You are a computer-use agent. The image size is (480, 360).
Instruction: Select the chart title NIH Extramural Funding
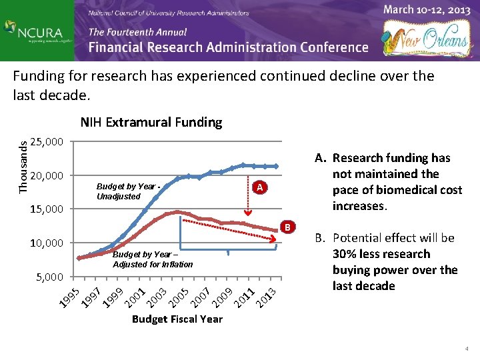(x=151, y=122)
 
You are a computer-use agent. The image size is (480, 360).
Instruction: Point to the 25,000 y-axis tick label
(x=47, y=142)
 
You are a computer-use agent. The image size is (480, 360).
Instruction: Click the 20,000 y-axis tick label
(x=47, y=176)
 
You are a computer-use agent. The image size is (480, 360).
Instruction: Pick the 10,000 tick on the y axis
(x=47, y=243)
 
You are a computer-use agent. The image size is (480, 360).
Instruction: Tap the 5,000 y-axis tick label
(x=49, y=276)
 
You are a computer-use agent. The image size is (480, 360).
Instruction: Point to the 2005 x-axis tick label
(x=179, y=297)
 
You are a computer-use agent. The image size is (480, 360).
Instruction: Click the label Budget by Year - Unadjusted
(x=127, y=191)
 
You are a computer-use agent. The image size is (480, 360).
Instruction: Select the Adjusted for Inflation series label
(x=153, y=259)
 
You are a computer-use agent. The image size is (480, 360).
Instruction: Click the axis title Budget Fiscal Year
(x=177, y=319)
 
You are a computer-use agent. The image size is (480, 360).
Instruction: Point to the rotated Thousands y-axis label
(x=23, y=163)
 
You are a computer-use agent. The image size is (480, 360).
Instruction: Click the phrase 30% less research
(x=391, y=254)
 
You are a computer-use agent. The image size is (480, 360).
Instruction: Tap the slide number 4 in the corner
(x=467, y=349)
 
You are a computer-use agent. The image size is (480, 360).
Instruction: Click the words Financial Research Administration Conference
(x=228, y=47)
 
